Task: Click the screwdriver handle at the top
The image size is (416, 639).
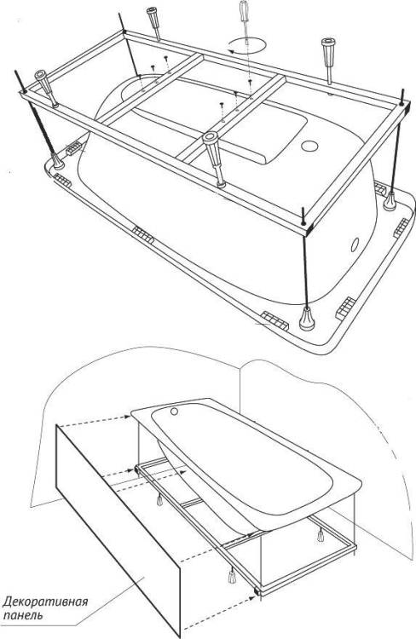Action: click(245, 9)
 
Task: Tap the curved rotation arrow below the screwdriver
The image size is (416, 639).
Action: click(246, 45)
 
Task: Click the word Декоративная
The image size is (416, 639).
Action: click(46, 602)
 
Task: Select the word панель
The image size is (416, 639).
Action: click(23, 614)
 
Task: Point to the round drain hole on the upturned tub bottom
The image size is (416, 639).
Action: click(309, 146)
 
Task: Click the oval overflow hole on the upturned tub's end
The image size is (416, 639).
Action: click(355, 245)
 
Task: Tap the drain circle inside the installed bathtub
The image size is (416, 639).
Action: click(175, 412)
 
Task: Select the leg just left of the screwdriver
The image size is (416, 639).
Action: click(153, 24)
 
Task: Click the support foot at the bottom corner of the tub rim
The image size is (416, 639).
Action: click(307, 319)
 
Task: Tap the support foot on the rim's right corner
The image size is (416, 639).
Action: click(390, 201)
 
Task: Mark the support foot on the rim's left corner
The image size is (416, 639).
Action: click(57, 161)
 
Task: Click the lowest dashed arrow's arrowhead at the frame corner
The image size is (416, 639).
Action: click(256, 598)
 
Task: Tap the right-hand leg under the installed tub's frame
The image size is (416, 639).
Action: click(321, 535)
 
